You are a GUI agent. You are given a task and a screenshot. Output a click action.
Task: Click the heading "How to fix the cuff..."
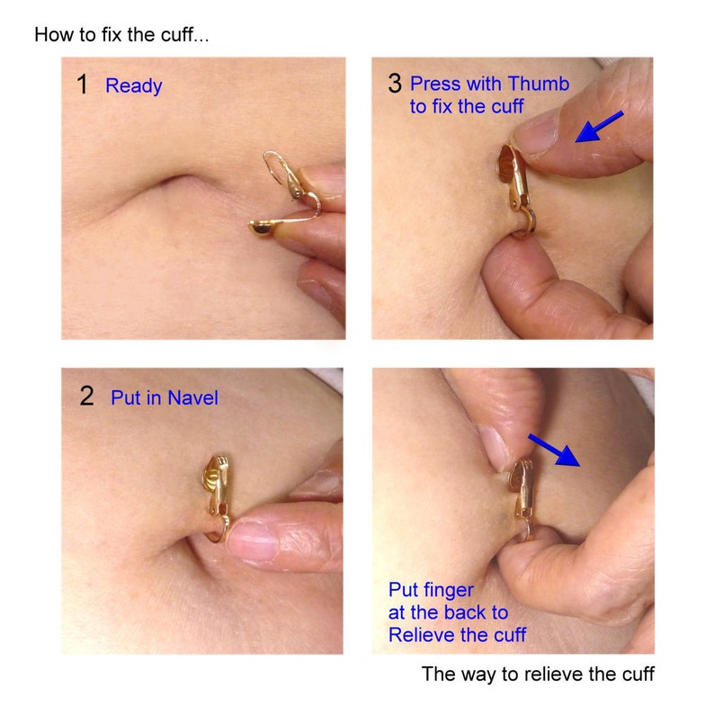[121, 34]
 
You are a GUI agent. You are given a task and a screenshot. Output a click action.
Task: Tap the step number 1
[83, 85]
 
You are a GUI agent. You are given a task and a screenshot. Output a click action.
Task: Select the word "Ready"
[134, 86]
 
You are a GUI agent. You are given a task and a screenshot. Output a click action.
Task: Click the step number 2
[86, 397]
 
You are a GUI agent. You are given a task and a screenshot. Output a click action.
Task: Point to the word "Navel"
[193, 398]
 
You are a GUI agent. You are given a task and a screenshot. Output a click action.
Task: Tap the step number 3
[395, 84]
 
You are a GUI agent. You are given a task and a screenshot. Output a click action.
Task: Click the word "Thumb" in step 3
[539, 84]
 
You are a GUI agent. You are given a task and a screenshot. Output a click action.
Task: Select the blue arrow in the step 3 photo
[599, 127]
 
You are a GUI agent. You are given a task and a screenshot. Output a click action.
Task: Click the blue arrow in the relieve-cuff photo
[554, 450]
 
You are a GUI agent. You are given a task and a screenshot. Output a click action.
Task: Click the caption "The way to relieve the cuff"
[538, 674]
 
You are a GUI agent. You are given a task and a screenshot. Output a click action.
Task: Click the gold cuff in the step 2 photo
[218, 496]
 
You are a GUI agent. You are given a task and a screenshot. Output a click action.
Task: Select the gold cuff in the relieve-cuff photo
[522, 498]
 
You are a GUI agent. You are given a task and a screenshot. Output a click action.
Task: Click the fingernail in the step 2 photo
[252, 540]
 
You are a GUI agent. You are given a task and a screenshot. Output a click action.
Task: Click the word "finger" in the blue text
[449, 591]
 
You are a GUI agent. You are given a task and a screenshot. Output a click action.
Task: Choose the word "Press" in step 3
[433, 84]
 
